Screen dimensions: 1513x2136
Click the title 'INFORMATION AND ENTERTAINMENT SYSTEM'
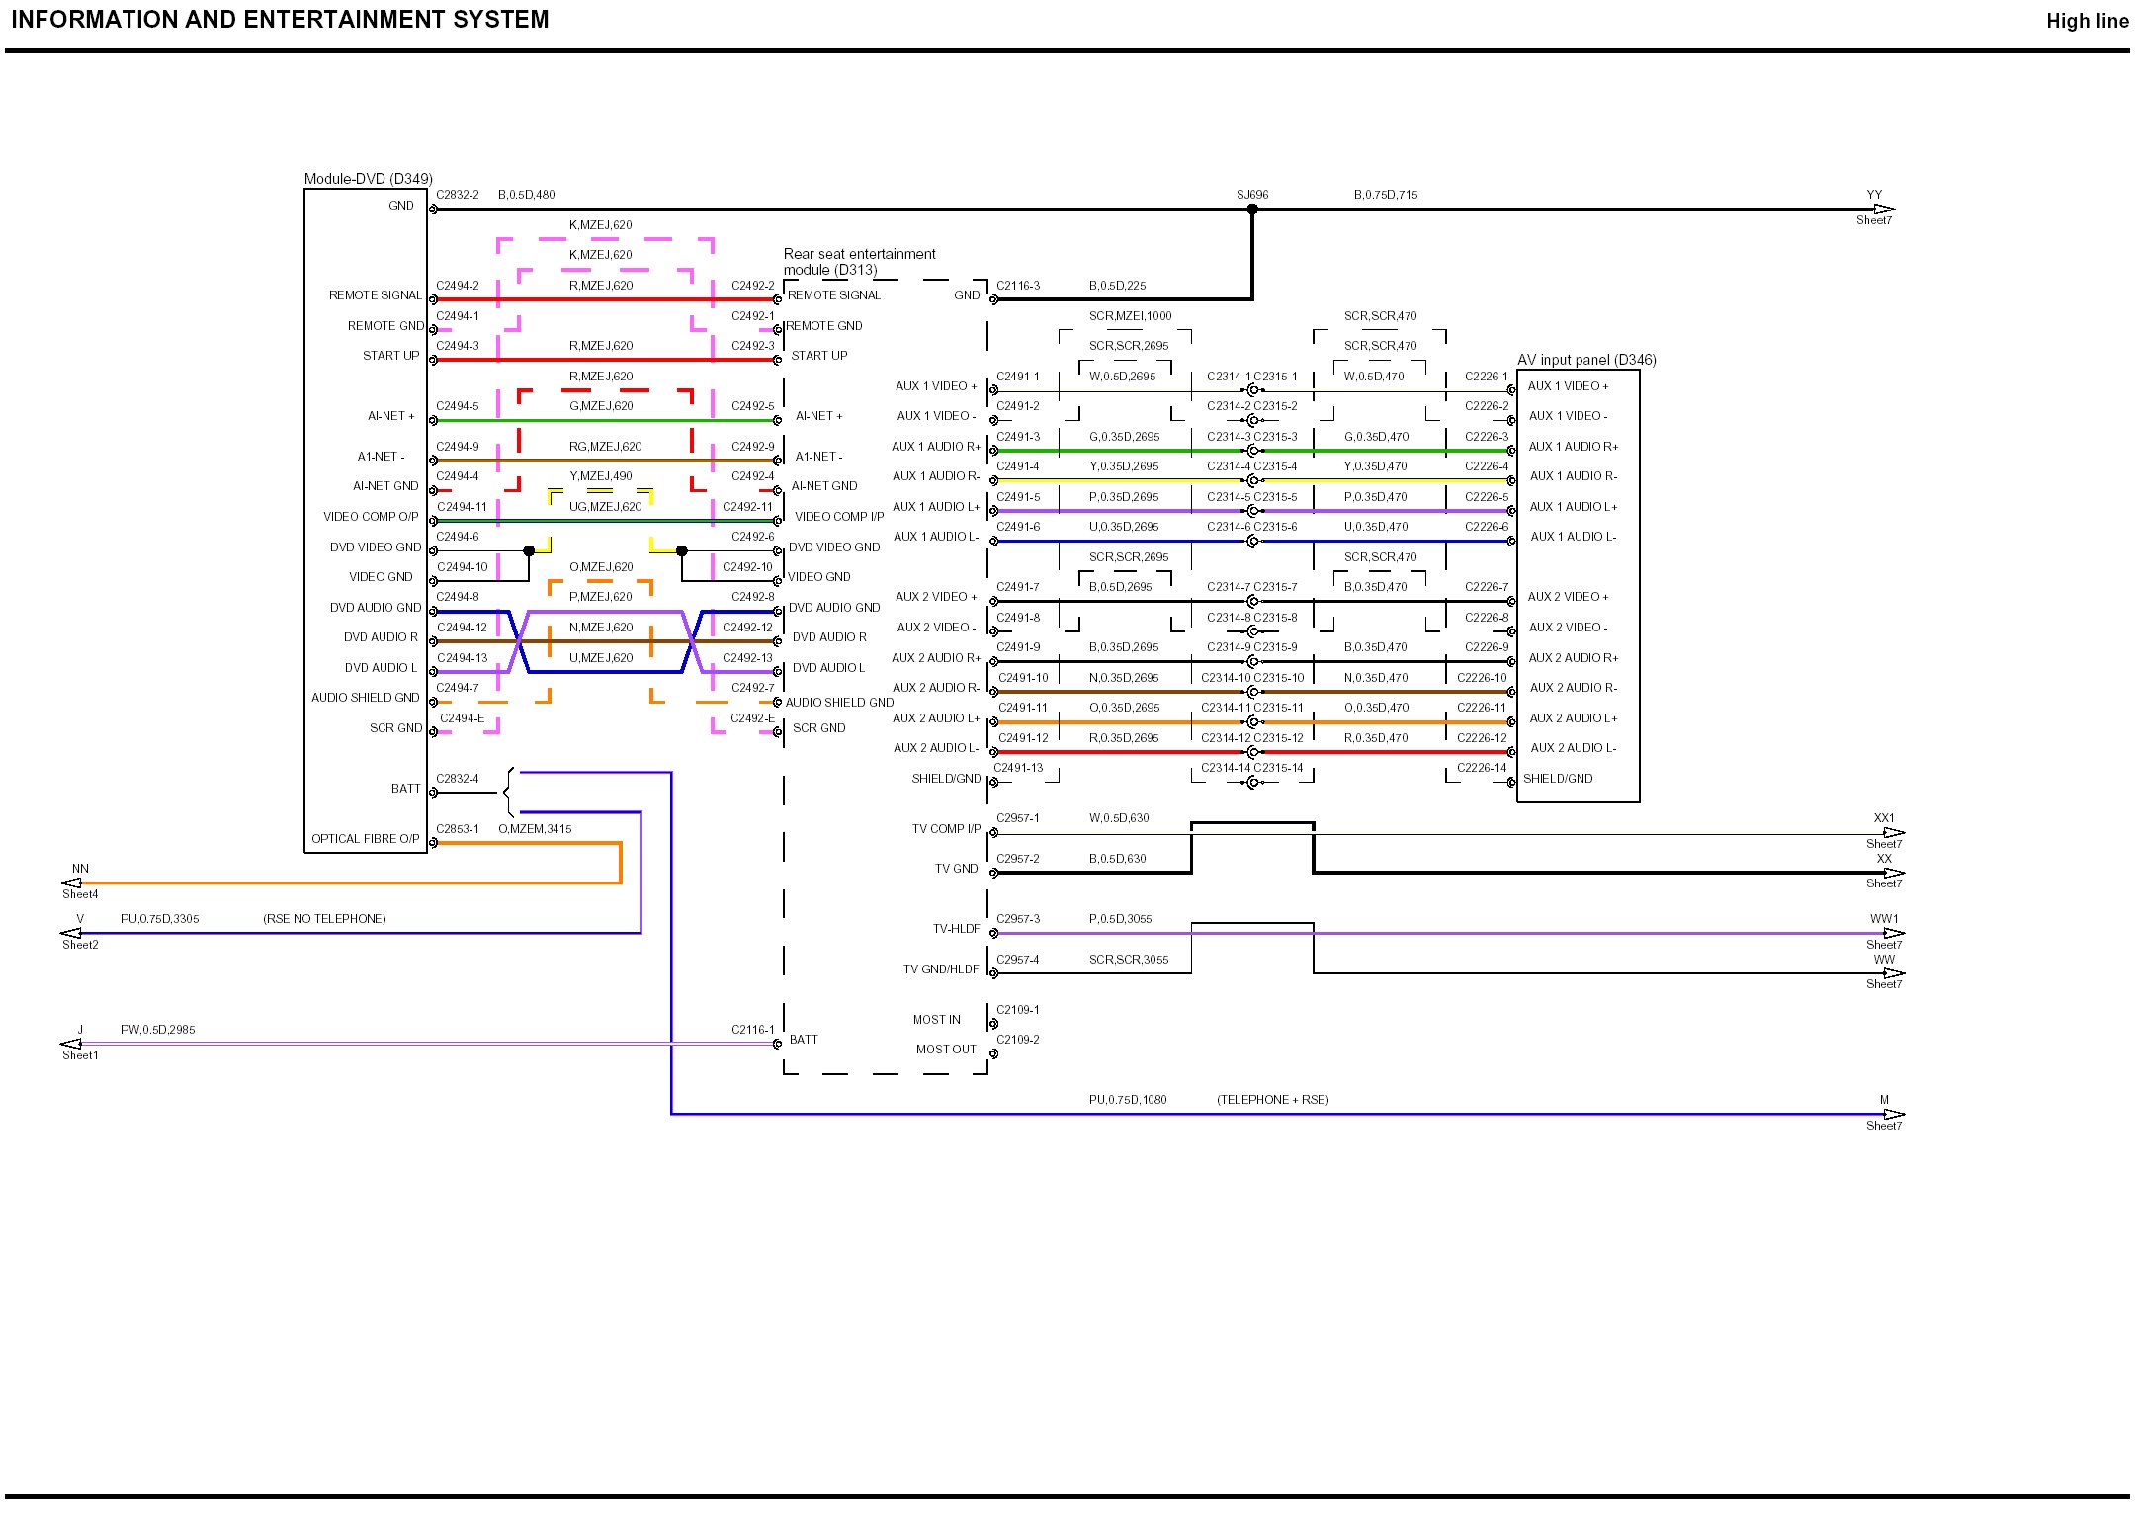coord(280,20)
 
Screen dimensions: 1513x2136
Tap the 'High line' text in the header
coord(2087,21)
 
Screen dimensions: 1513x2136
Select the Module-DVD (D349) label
coord(368,179)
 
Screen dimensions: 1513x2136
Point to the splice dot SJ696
coord(1252,210)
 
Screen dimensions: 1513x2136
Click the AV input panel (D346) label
coord(1586,360)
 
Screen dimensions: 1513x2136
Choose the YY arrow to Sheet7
coord(1883,210)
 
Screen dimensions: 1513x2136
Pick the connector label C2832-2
coord(458,195)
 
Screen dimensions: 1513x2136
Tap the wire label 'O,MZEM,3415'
coord(535,829)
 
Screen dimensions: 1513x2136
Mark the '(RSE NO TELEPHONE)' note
coord(324,919)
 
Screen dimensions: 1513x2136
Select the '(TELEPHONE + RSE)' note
coord(1272,1100)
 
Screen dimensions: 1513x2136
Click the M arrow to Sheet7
coord(1893,1115)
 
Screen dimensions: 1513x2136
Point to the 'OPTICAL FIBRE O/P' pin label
coord(365,839)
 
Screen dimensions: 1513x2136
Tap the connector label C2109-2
coord(1017,1040)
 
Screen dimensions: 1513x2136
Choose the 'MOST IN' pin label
coord(936,1020)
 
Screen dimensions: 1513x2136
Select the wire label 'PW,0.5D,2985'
coord(157,1030)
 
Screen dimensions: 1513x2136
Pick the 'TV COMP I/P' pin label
coord(946,829)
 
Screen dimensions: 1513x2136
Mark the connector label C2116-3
coord(1017,286)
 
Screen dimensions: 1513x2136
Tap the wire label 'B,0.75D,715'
coord(1385,195)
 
